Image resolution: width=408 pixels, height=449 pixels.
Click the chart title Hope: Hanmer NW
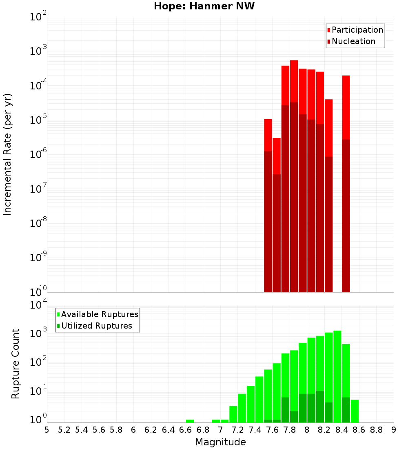click(x=204, y=7)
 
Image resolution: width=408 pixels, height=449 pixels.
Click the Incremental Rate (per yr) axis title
click(x=7, y=154)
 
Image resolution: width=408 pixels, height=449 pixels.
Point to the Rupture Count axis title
click(x=16, y=363)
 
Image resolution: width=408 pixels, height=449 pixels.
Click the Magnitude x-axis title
click(x=220, y=442)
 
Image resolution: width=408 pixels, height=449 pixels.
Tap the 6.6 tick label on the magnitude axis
click(x=186, y=430)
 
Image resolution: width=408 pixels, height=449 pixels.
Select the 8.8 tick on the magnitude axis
click(x=376, y=430)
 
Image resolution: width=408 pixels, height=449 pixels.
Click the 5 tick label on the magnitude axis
click(x=47, y=430)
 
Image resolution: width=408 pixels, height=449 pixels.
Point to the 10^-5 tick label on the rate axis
click(x=38, y=120)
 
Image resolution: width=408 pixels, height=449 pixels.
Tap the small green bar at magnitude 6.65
click(x=190, y=421)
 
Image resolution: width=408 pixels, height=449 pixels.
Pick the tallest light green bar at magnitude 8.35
click(x=337, y=367)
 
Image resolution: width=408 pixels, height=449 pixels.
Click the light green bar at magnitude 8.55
click(x=355, y=411)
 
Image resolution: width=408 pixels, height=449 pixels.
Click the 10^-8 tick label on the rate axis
click(x=38, y=223)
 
